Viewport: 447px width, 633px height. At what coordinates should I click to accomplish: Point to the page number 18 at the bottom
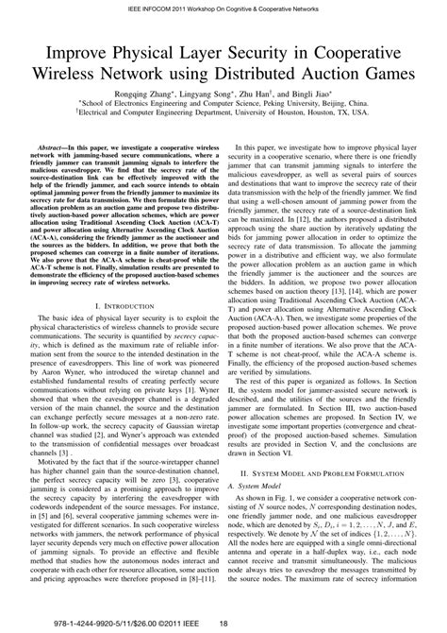click(x=223, y=622)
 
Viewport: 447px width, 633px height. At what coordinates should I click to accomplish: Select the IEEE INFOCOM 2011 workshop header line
click(x=223, y=9)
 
